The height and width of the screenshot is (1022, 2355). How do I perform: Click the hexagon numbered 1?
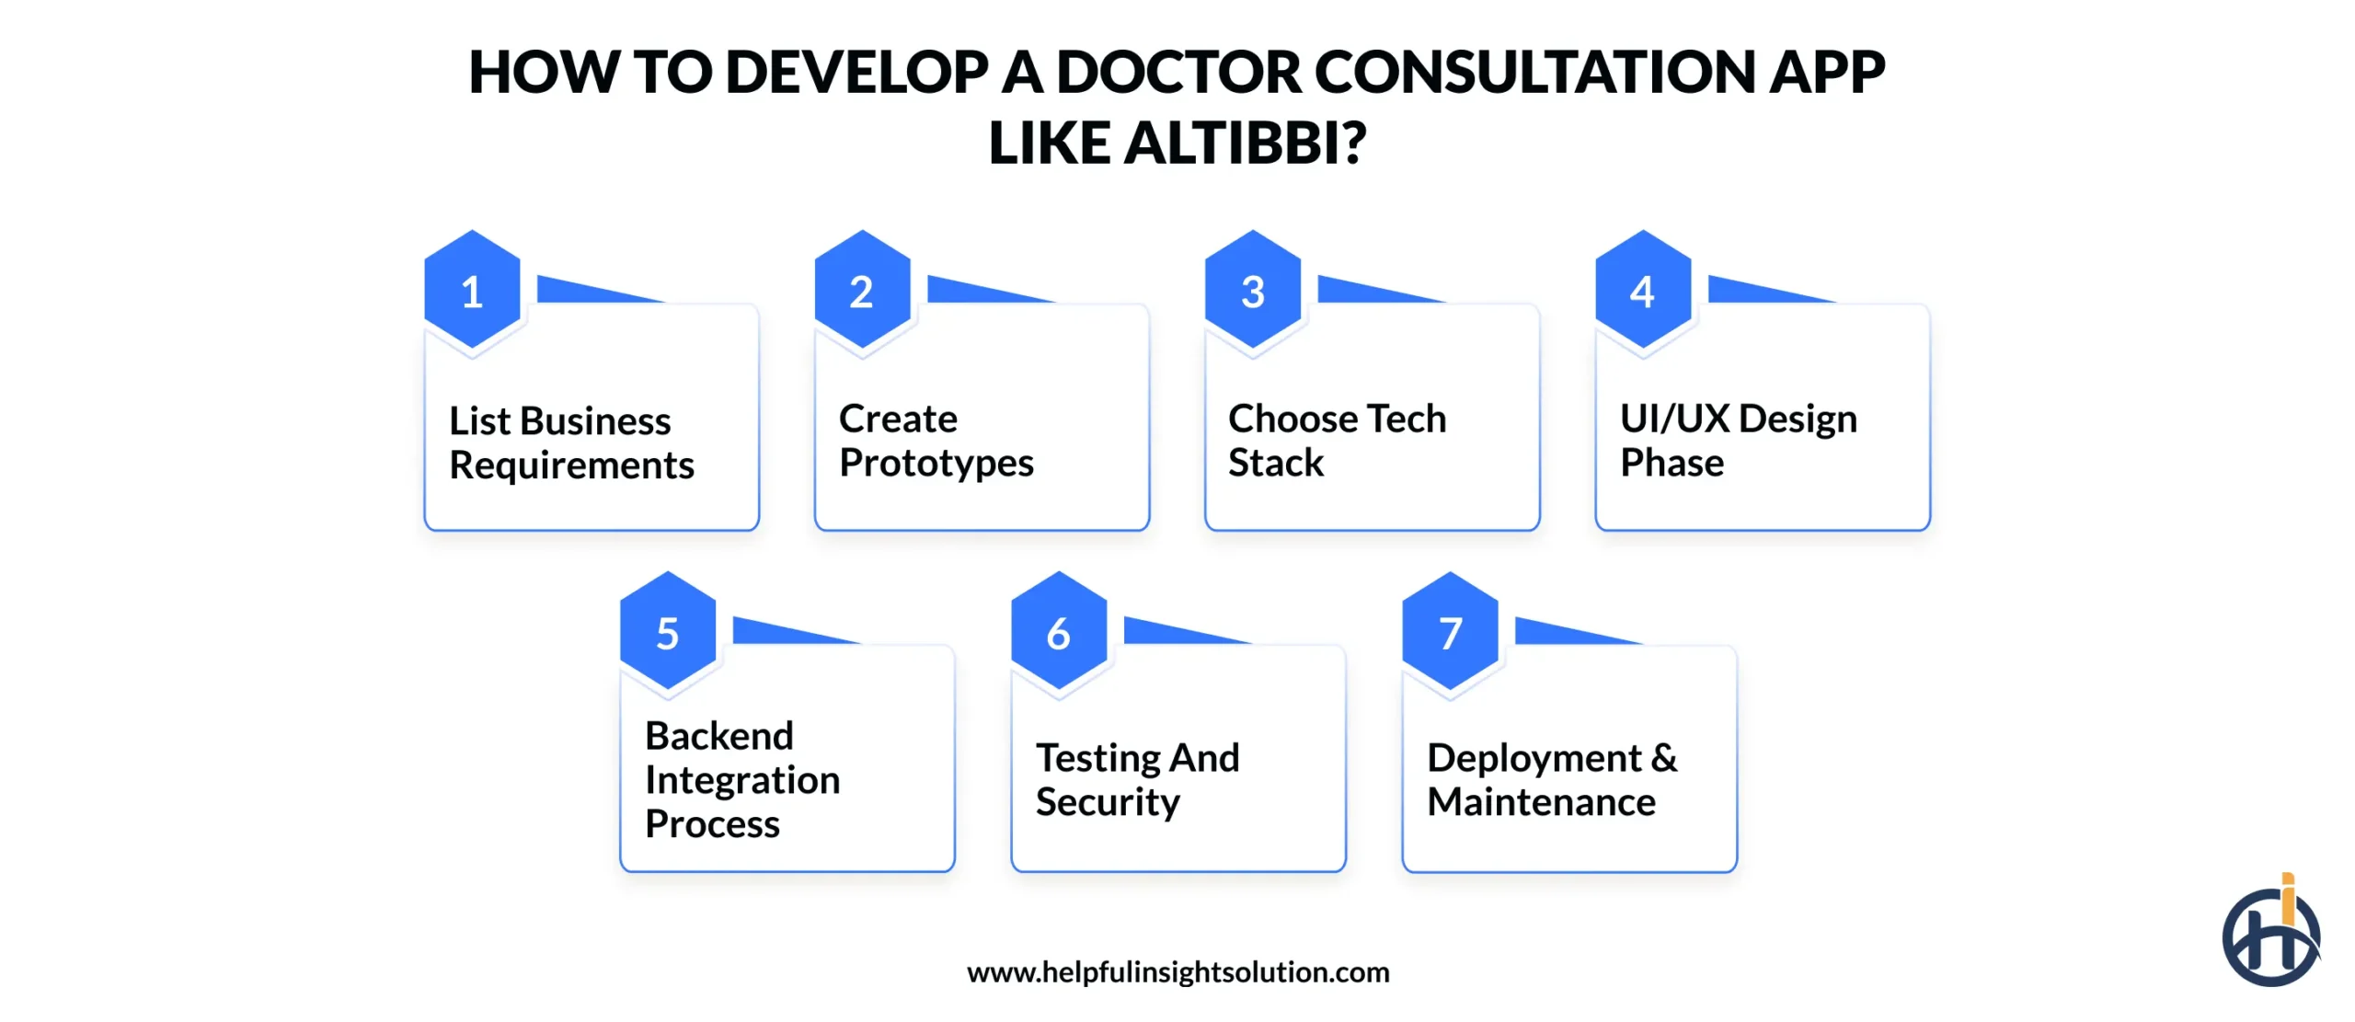tap(472, 290)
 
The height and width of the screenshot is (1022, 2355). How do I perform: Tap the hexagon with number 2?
tap(862, 290)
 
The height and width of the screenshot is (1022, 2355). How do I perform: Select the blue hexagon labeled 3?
tap(1253, 290)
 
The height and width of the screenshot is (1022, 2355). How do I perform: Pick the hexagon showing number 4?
tap(1643, 290)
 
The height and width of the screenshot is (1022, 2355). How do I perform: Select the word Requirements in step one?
tap(571, 465)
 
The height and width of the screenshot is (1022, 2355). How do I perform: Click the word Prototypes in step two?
tap(936, 463)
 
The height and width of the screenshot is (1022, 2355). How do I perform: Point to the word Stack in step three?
tap(1276, 463)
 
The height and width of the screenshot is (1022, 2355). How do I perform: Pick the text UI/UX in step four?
tap(1674, 419)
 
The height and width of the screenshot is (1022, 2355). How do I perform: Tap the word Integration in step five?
tap(742, 780)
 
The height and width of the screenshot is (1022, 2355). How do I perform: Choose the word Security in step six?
tap(1108, 802)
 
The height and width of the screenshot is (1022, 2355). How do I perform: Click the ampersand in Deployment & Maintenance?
tap(1664, 758)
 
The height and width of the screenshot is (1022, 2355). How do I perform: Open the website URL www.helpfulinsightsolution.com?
tap(1178, 972)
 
